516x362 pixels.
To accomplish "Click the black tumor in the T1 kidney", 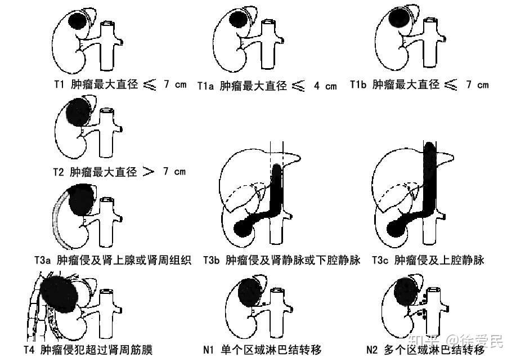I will pyautogui.click(x=77, y=23).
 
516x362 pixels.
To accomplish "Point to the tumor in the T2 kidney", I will pyautogui.click(x=78, y=111).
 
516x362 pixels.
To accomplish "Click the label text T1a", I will pyautogui.click(x=206, y=86).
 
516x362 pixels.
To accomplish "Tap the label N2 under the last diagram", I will pyautogui.click(x=372, y=349).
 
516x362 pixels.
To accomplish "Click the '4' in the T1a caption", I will pyautogui.click(x=317, y=86).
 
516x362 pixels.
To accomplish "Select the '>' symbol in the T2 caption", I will pyautogui.click(x=149, y=171).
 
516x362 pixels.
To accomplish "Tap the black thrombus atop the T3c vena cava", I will pyautogui.click(x=429, y=155).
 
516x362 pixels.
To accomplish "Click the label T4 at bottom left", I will pyautogui.click(x=29, y=349).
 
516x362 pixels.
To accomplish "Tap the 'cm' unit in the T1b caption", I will pyautogui.click(x=482, y=85).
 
